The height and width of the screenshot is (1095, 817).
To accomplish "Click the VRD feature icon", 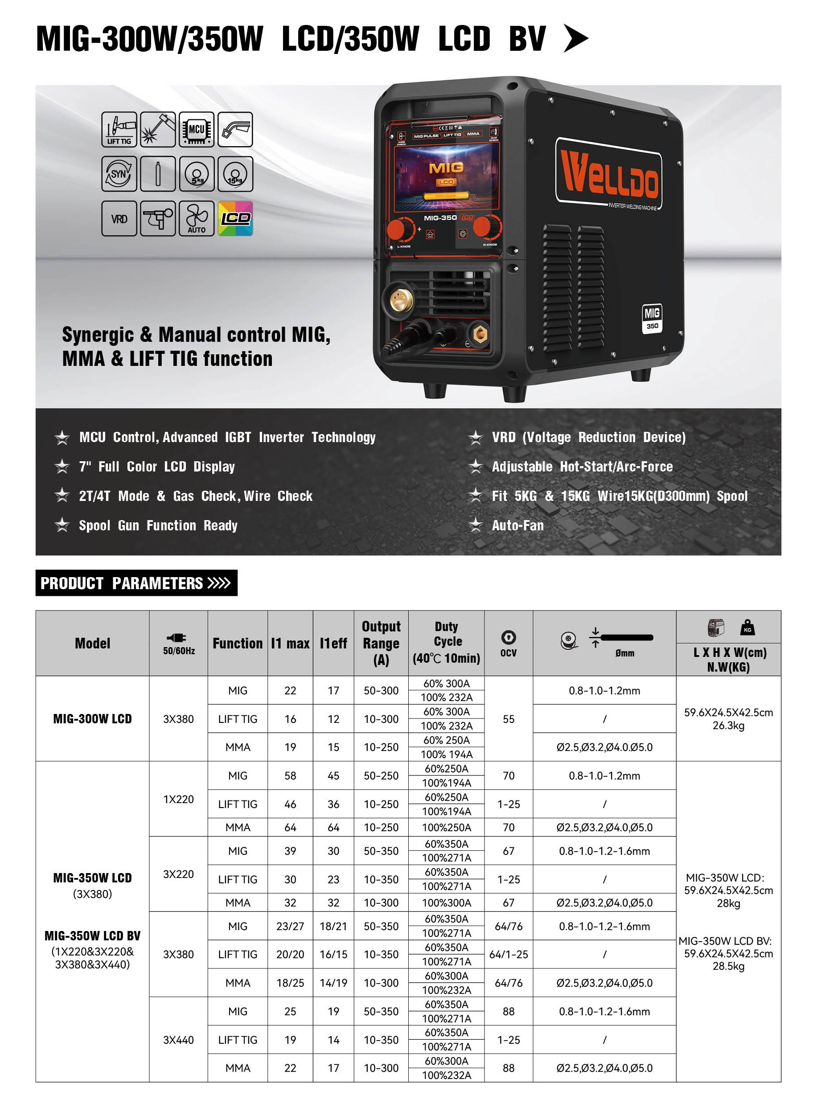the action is coord(119,218).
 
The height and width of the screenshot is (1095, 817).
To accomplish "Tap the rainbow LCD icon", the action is coord(235,218).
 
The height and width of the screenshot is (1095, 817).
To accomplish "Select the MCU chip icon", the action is coord(196,130).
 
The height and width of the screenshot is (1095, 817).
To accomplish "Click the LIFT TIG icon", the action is coord(119,130).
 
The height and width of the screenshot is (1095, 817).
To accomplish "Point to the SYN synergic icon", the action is coord(119,174).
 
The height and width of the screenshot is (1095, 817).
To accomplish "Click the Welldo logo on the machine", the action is coord(609,173).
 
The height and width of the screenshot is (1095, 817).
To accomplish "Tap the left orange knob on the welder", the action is coord(399,230).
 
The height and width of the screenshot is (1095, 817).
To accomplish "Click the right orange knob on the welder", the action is coord(486,227).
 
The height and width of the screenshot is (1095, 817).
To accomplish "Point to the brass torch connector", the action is coord(401,300).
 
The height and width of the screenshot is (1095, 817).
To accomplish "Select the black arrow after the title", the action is coord(576,39).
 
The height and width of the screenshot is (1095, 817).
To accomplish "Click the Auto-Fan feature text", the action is coord(517,525).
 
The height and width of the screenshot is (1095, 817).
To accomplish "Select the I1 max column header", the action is coord(290,643).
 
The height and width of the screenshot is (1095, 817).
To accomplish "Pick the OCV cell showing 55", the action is coord(509,719).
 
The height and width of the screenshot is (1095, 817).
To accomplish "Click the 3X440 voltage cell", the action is coord(179,1040).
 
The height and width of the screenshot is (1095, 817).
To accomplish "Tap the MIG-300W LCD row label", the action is coord(92,719).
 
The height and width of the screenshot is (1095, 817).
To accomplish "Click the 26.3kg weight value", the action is coord(728,725).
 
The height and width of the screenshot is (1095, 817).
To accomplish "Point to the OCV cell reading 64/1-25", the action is coord(509,955).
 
